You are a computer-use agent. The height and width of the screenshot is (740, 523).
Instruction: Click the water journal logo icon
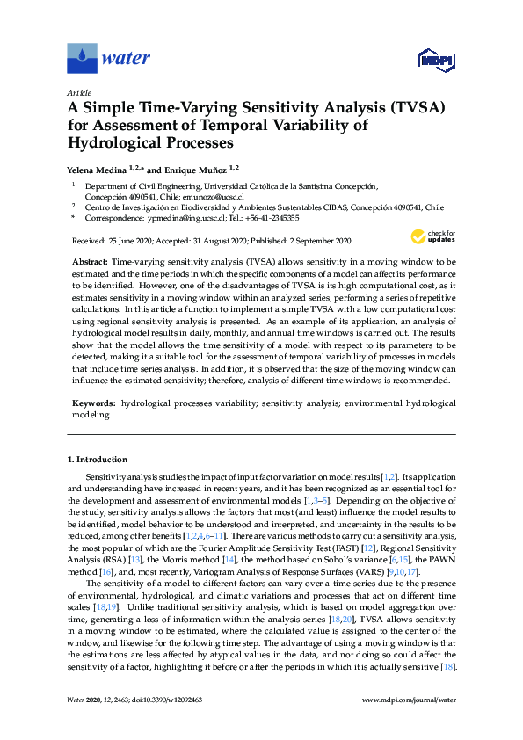click(x=82, y=59)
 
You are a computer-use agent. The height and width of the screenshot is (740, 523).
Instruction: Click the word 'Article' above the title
click(x=78, y=91)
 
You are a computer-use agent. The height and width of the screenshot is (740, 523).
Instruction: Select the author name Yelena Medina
click(x=97, y=168)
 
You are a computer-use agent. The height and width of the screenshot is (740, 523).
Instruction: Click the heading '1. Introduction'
click(x=98, y=459)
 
